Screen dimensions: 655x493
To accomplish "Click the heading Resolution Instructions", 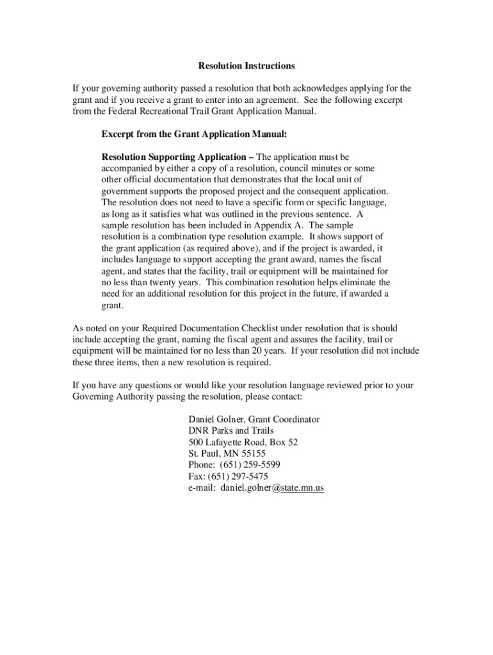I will pos(247,66).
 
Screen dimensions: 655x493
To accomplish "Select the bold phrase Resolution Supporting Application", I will pos(174,157).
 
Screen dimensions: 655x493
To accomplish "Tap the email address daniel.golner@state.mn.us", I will pos(272,488).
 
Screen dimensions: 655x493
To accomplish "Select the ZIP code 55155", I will pos(252,454).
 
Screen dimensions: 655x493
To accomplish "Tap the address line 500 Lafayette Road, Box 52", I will pos(243,442).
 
